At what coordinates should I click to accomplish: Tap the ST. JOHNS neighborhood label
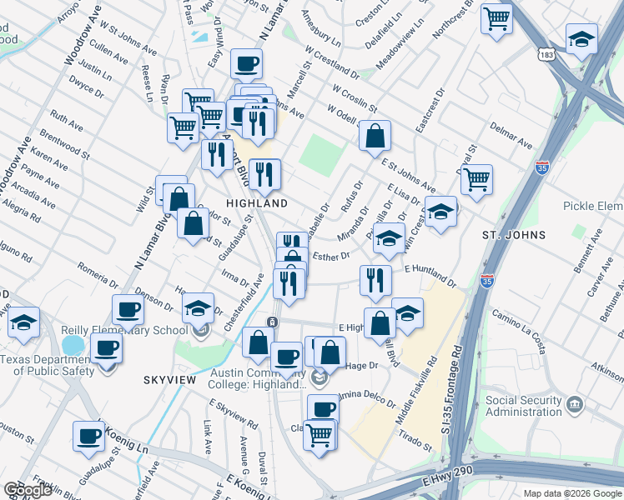514,235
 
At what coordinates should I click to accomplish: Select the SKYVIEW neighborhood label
169,380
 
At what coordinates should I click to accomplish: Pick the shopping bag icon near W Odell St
375,135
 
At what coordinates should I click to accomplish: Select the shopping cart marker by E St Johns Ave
476,179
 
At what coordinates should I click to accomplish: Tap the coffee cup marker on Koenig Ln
88,435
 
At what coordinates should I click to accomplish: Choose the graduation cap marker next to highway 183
581,38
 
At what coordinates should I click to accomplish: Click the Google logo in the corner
27,490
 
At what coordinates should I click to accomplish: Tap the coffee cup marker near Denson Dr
128,309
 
